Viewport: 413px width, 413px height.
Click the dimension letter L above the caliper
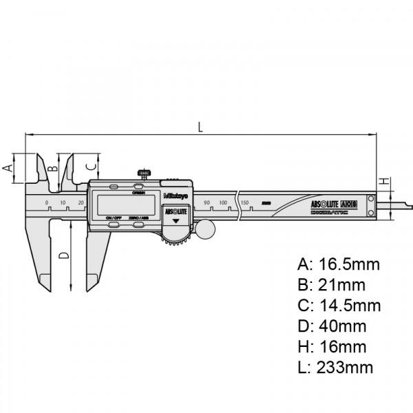coord(200,126)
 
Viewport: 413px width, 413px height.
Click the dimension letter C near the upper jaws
coord(89,167)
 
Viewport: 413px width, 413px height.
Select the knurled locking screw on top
coord(145,172)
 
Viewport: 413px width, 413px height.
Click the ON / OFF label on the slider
coord(114,218)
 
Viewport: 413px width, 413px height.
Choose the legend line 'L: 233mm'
coord(335,368)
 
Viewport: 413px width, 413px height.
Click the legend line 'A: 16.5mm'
coord(338,264)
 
